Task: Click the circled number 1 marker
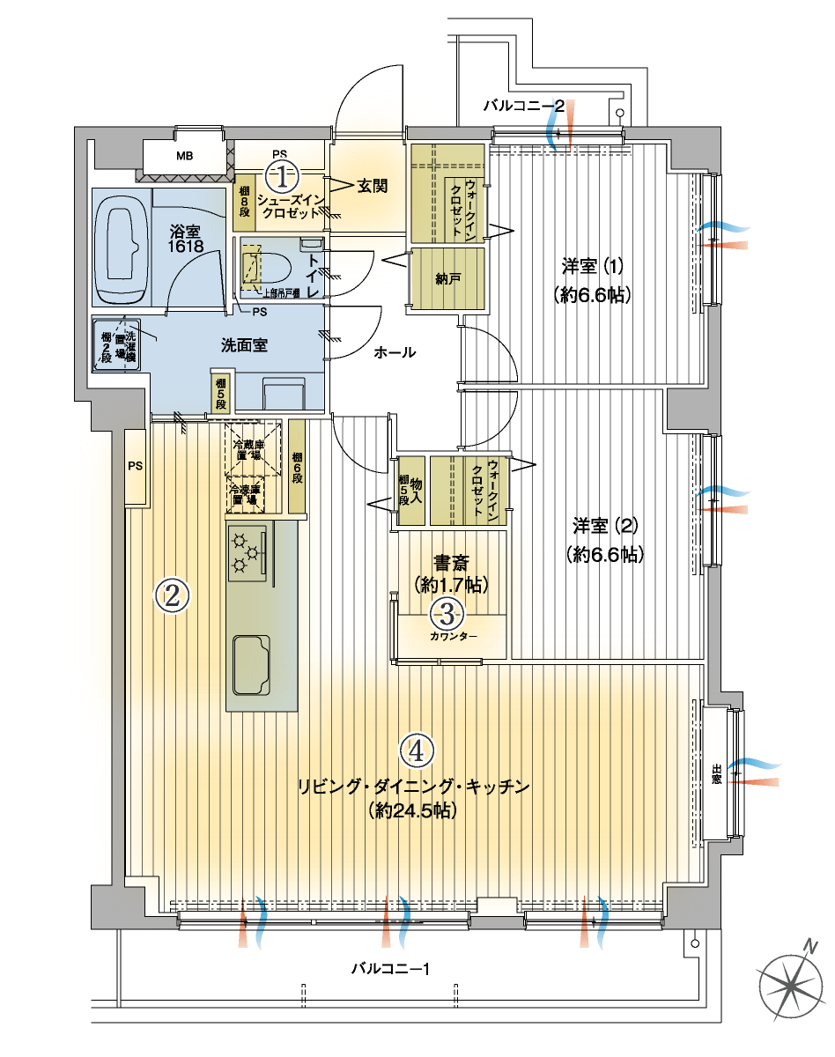point(281,177)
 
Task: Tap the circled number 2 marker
point(172,596)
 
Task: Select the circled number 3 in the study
point(447,612)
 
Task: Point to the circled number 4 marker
point(417,750)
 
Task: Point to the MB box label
point(184,158)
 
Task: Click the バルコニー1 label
point(389,969)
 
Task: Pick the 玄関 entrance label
point(373,186)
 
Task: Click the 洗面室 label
point(244,344)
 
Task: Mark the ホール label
point(395,352)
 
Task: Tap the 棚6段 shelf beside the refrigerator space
point(297,467)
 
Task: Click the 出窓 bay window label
point(716,772)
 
